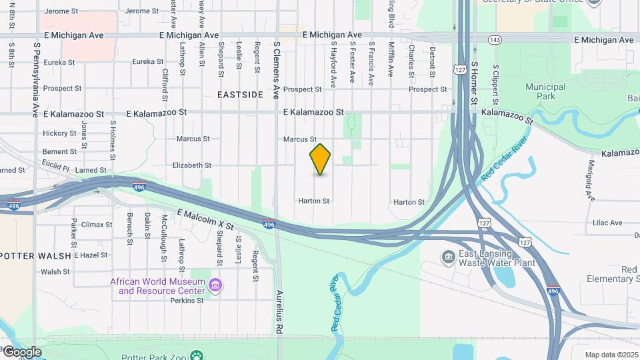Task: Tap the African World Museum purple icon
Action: pyautogui.click(x=215, y=286)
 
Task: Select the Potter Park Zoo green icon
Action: pyautogui.click(x=196, y=354)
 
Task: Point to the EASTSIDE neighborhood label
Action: pyautogui.click(x=240, y=95)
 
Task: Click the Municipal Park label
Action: pyautogui.click(x=545, y=91)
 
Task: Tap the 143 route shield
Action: pyautogui.click(x=495, y=40)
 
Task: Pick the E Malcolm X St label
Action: pyautogui.click(x=205, y=219)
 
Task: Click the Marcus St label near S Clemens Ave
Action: pyautogui.click(x=299, y=139)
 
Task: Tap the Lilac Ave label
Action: pyautogui.click(x=607, y=223)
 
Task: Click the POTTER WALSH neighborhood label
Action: pyautogui.click(x=35, y=255)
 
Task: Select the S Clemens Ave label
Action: pyautogui.click(x=277, y=71)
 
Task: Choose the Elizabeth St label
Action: pyautogui.click(x=191, y=165)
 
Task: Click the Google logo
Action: pyautogui.click(x=22, y=351)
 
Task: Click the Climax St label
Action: pyautogui.click(x=96, y=225)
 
